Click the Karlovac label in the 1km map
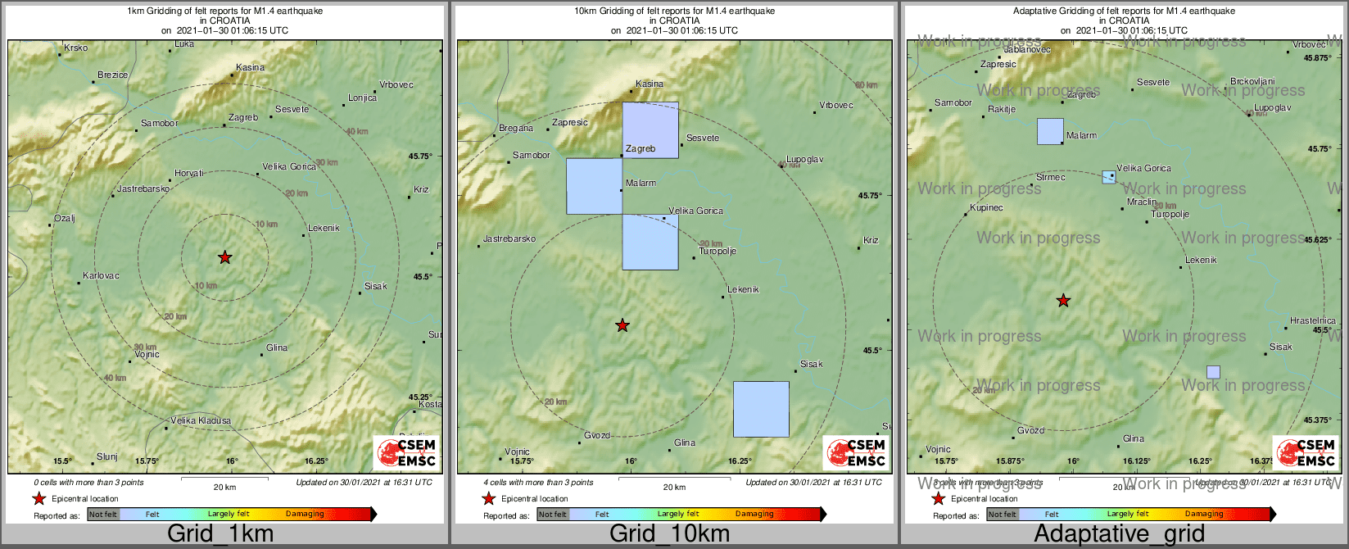(x=101, y=276)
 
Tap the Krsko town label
(x=76, y=48)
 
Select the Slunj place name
(x=107, y=457)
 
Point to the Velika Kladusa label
(x=201, y=421)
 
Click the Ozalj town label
(x=65, y=219)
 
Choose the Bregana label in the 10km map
(x=516, y=129)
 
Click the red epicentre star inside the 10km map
(x=622, y=325)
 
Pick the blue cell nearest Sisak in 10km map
(x=761, y=409)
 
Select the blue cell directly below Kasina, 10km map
(x=650, y=129)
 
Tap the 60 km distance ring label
(x=866, y=85)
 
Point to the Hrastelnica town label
(x=1312, y=321)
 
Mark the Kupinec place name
(x=986, y=208)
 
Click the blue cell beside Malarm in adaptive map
(x=1050, y=131)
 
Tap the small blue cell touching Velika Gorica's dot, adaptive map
(x=1108, y=177)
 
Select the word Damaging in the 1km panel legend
(x=305, y=515)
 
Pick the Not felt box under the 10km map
(x=552, y=515)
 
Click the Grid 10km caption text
(x=669, y=534)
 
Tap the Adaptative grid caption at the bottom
(x=1119, y=534)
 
